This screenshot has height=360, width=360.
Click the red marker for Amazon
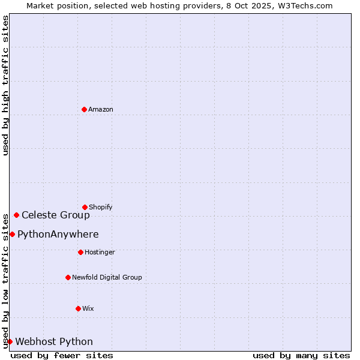click(84, 109)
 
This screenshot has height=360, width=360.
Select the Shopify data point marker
click(85, 207)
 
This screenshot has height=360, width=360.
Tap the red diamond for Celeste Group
click(16, 215)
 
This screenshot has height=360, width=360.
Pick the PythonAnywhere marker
click(12, 234)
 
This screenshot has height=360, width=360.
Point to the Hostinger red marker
click(80, 252)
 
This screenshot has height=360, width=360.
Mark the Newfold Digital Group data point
click(68, 277)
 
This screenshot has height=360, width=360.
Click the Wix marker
click(78, 308)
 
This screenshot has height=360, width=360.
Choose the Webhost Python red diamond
click(10, 341)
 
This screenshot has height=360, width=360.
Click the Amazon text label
click(101, 109)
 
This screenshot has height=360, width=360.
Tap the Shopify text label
click(101, 207)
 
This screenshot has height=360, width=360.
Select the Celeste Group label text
click(56, 215)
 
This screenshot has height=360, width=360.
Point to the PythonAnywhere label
click(58, 234)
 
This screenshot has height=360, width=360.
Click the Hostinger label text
click(100, 252)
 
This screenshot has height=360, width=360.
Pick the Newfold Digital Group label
click(107, 277)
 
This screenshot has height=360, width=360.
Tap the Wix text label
click(88, 308)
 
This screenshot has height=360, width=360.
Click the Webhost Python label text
click(54, 341)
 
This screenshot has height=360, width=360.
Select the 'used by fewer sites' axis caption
click(62, 355)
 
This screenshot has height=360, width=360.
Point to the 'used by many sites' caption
click(301, 355)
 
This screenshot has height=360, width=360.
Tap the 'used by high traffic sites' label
click(5, 85)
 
